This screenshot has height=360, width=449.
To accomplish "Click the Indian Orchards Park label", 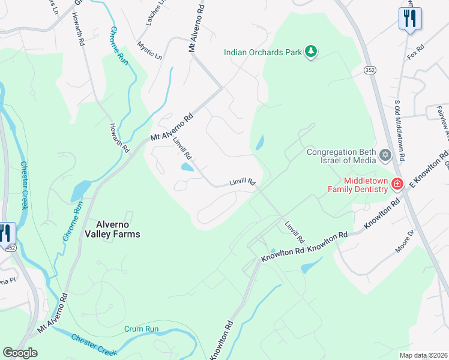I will (x=263, y=52).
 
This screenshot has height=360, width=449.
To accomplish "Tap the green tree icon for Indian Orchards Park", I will (x=310, y=52).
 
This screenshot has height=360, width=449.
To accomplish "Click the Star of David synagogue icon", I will (x=385, y=156).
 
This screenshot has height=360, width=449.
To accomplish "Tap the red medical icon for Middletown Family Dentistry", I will (x=397, y=184).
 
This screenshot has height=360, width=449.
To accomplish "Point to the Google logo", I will (x=20, y=353).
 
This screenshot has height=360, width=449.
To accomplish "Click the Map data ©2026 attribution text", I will (x=424, y=355).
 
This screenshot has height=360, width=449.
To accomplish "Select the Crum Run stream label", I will (x=141, y=329).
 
